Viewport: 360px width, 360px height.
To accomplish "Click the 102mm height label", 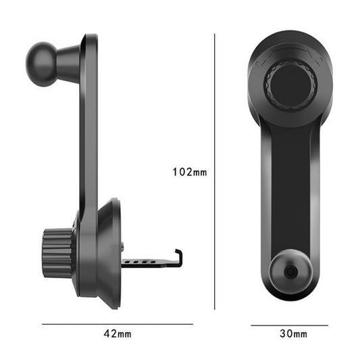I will click(190, 172).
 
